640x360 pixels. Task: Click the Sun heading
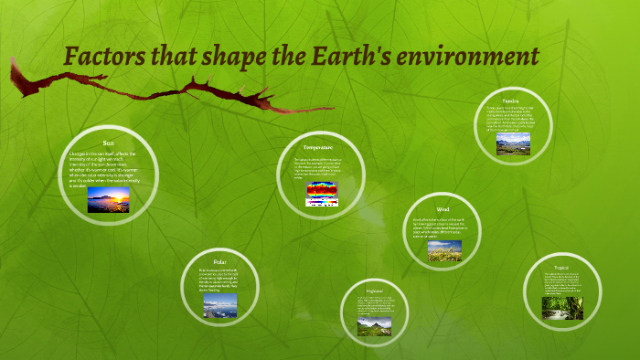tap(108, 143)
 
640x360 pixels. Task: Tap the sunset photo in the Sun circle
tap(108, 200)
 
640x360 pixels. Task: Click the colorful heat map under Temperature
tap(320, 192)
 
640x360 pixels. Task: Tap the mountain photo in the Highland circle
tap(374, 324)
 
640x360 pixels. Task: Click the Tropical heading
tap(562, 268)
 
